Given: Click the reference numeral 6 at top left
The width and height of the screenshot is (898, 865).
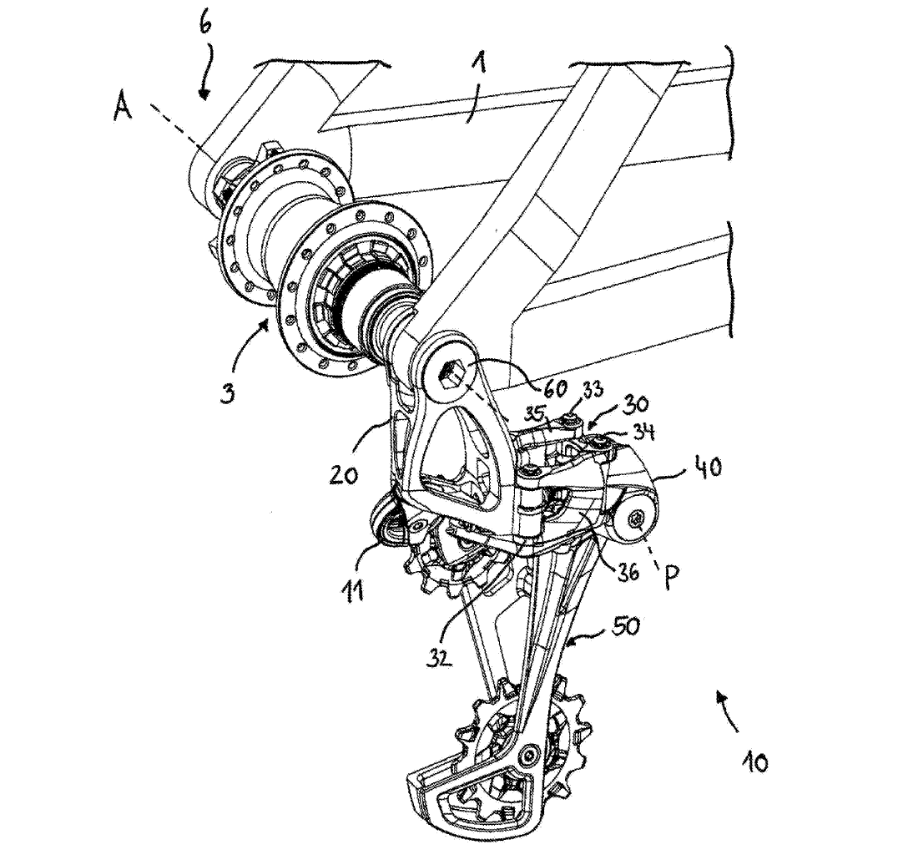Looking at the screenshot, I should coord(204,23).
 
